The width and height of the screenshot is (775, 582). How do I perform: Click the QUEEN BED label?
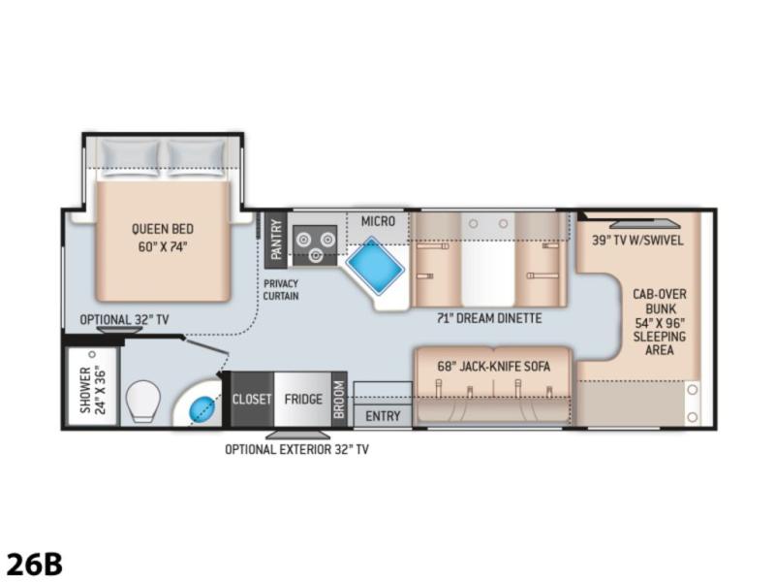point(163,238)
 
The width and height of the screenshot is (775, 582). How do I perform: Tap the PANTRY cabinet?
point(276,240)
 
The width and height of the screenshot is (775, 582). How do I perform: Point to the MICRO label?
point(378,221)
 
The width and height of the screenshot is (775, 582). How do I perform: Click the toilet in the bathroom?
point(142,401)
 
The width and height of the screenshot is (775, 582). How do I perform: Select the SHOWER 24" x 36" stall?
point(93,387)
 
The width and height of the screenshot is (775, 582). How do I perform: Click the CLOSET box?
point(252,399)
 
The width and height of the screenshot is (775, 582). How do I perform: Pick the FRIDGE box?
point(302,399)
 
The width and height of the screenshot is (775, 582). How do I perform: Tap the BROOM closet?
point(339,399)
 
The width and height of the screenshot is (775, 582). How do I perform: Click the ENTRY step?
point(383,416)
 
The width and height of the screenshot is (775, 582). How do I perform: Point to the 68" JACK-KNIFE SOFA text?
point(493,367)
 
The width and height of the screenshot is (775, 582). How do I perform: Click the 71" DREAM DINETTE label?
point(489,318)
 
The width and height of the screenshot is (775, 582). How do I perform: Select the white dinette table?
point(488,260)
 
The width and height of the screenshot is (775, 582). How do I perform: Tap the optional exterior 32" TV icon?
point(298,435)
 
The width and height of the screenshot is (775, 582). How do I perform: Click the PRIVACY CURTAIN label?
point(281,290)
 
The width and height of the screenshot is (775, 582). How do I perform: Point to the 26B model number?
point(35,564)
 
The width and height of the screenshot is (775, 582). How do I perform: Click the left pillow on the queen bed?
point(130,158)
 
